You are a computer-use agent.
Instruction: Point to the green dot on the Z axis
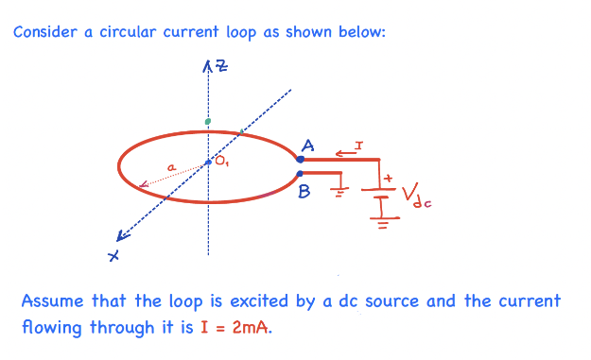click(x=208, y=122)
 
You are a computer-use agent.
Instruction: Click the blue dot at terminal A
click(x=300, y=160)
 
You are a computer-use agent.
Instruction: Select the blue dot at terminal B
click(x=300, y=173)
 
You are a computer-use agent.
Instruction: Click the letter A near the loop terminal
click(x=308, y=146)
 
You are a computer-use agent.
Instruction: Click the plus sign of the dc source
click(x=386, y=177)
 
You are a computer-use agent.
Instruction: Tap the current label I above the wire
click(x=358, y=146)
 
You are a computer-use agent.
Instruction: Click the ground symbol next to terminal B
click(x=336, y=192)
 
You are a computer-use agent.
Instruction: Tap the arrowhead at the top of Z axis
click(x=208, y=65)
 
